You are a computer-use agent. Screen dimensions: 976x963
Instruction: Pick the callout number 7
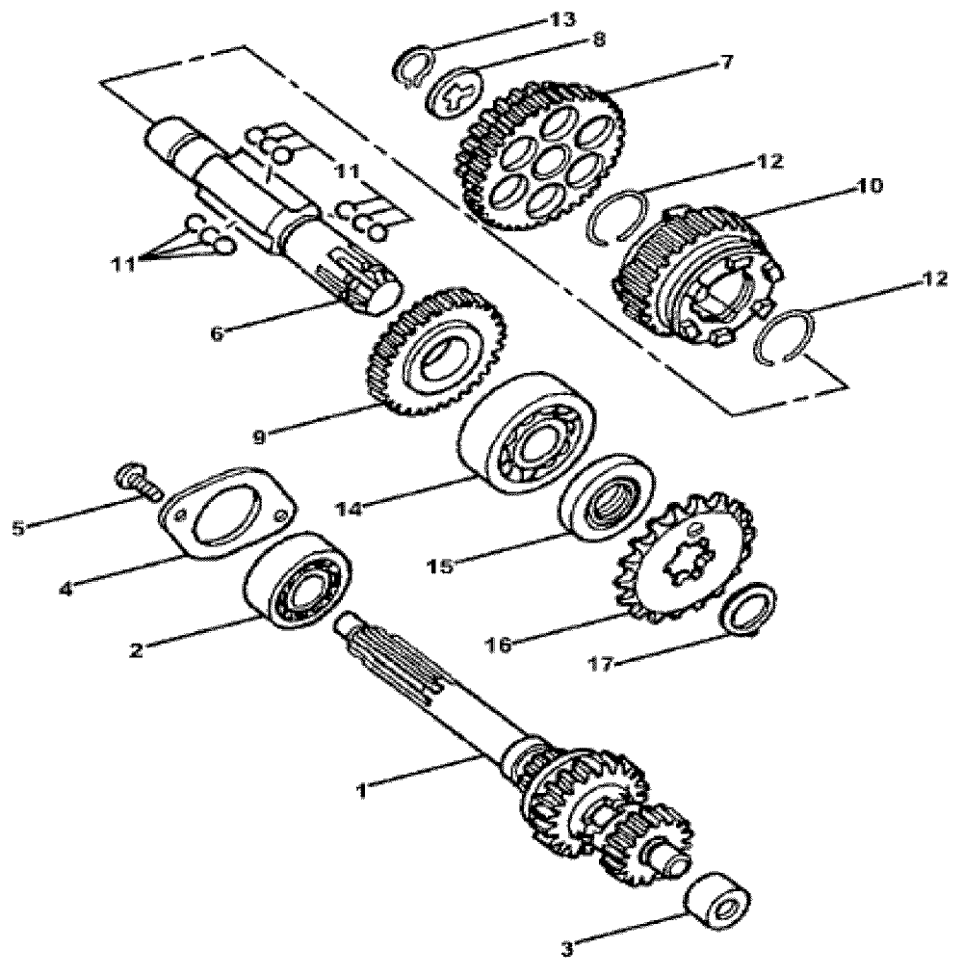(721, 64)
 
